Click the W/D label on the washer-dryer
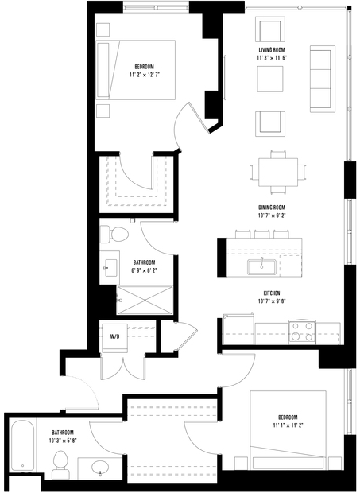pyautogui.click(x=114, y=336)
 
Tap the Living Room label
pyautogui.click(x=271, y=50)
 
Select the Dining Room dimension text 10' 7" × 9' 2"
pyautogui.click(x=272, y=216)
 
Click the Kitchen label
pyautogui.click(x=272, y=293)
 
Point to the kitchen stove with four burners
pyautogui.click(x=302, y=332)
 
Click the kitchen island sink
pyautogui.click(x=261, y=267)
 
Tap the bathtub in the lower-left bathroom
pyautogui.click(x=22, y=446)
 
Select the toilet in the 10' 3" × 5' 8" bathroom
pyautogui.click(x=60, y=464)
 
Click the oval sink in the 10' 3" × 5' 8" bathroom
pyautogui.click(x=100, y=468)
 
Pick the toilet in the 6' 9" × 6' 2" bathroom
pyautogui.click(x=114, y=235)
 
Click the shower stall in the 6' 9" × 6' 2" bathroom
pyautogui.click(x=145, y=300)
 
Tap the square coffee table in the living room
pyautogui.click(x=270, y=79)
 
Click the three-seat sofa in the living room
pyautogui.click(x=323, y=79)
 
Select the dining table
pyautogui.click(x=278, y=173)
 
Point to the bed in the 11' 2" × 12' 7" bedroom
pyautogui.click(x=135, y=70)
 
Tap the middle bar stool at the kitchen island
pyautogui.click(x=261, y=234)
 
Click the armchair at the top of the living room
pyautogui.click(x=270, y=29)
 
